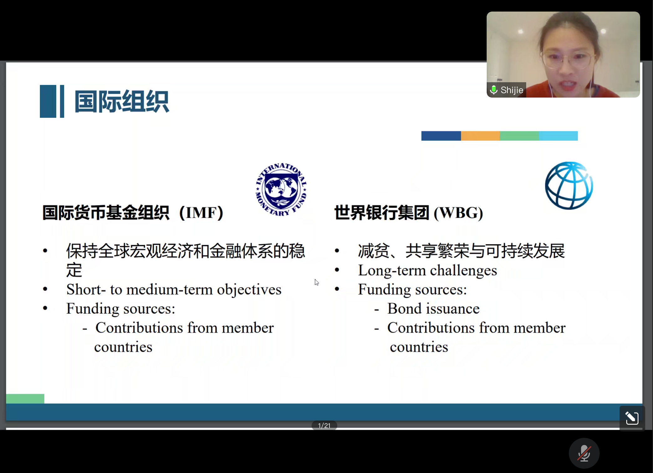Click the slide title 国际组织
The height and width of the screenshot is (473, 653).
121,101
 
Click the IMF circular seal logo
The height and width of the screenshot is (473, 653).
281,190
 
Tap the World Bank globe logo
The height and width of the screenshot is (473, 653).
569,185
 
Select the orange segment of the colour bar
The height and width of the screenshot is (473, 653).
480,136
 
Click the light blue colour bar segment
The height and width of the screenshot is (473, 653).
558,136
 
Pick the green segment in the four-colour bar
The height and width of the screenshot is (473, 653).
519,136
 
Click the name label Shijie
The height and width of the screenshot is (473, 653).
512,90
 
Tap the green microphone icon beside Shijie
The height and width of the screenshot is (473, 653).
494,90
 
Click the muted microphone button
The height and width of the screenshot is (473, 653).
584,453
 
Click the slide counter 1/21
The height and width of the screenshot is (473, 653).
324,425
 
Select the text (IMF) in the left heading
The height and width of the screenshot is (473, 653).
201,213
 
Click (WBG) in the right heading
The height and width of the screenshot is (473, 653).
458,213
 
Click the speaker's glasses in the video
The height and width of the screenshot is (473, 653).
567,59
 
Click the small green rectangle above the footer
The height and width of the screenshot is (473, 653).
25,398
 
